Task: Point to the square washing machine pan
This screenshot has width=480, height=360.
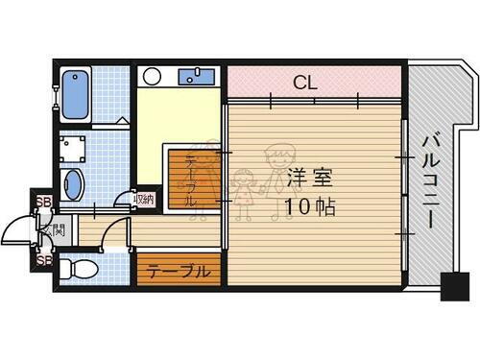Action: click(74, 147)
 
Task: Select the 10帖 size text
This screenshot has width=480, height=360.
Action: click(307, 206)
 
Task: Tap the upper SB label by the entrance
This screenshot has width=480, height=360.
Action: click(43, 202)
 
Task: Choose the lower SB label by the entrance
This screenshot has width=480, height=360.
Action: click(43, 260)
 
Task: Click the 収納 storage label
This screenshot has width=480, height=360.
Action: click(144, 200)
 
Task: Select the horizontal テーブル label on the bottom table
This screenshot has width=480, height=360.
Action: click(179, 272)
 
